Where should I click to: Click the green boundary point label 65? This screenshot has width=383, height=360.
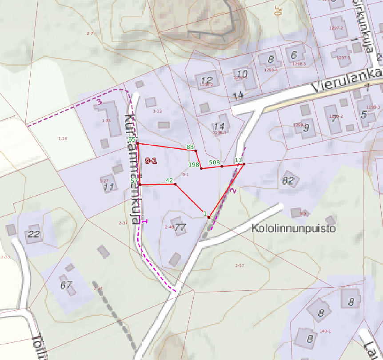(x=132, y=139)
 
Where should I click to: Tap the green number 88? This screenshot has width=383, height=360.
(x=190, y=147)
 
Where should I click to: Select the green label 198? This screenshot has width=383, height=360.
(x=194, y=165)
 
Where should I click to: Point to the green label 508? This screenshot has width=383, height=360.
(x=215, y=162)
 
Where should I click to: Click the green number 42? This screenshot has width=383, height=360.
(x=169, y=180)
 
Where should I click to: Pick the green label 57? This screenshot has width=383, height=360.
(x=134, y=181)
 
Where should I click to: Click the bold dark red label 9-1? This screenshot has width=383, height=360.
(x=151, y=161)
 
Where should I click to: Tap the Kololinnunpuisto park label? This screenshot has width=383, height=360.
(x=293, y=229)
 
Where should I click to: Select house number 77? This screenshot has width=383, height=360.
(x=180, y=228)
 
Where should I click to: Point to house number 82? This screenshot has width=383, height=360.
(x=288, y=181)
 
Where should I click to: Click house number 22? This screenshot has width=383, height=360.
(x=34, y=234)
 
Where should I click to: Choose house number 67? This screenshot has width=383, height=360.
(x=67, y=285)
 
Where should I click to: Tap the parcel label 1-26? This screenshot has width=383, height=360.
(x=63, y=139)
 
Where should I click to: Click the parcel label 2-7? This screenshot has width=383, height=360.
(x=90, y=34)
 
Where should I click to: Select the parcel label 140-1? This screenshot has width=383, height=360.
(x=325, y=331)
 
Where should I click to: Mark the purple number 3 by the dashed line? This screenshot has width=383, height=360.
(x=99, y=102)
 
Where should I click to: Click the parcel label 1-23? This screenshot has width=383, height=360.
(x=157, y=111)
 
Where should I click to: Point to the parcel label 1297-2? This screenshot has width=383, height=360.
(x=336, y=28)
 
